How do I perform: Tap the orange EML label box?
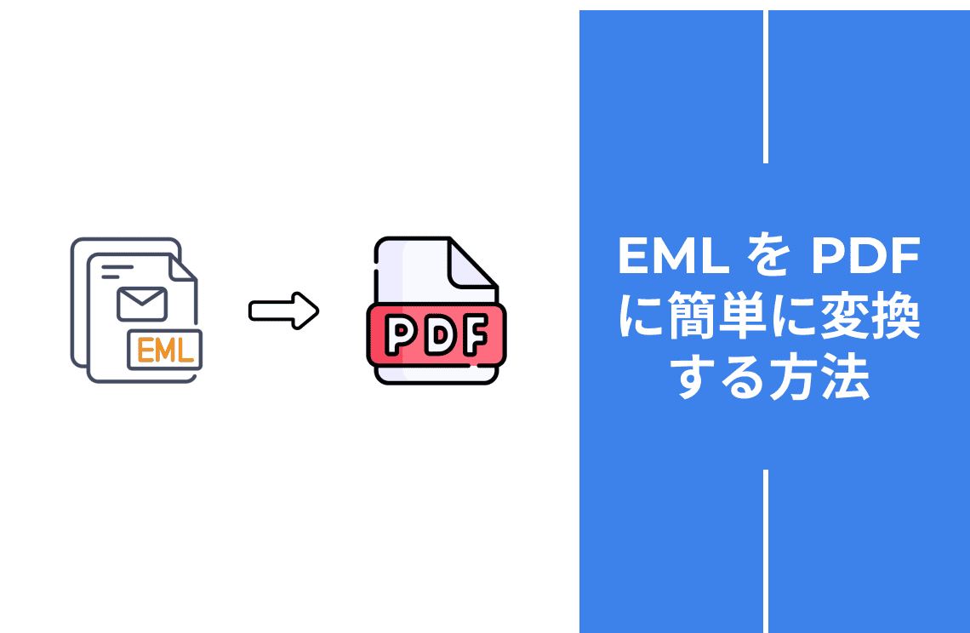point(165,349)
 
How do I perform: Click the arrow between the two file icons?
point(283,311)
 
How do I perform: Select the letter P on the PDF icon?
point(398,337)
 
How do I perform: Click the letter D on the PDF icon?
point(436,337)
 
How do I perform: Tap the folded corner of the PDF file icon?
point(471,264)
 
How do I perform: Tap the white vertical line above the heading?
point(766,85)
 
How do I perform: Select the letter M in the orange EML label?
point(165,350)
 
